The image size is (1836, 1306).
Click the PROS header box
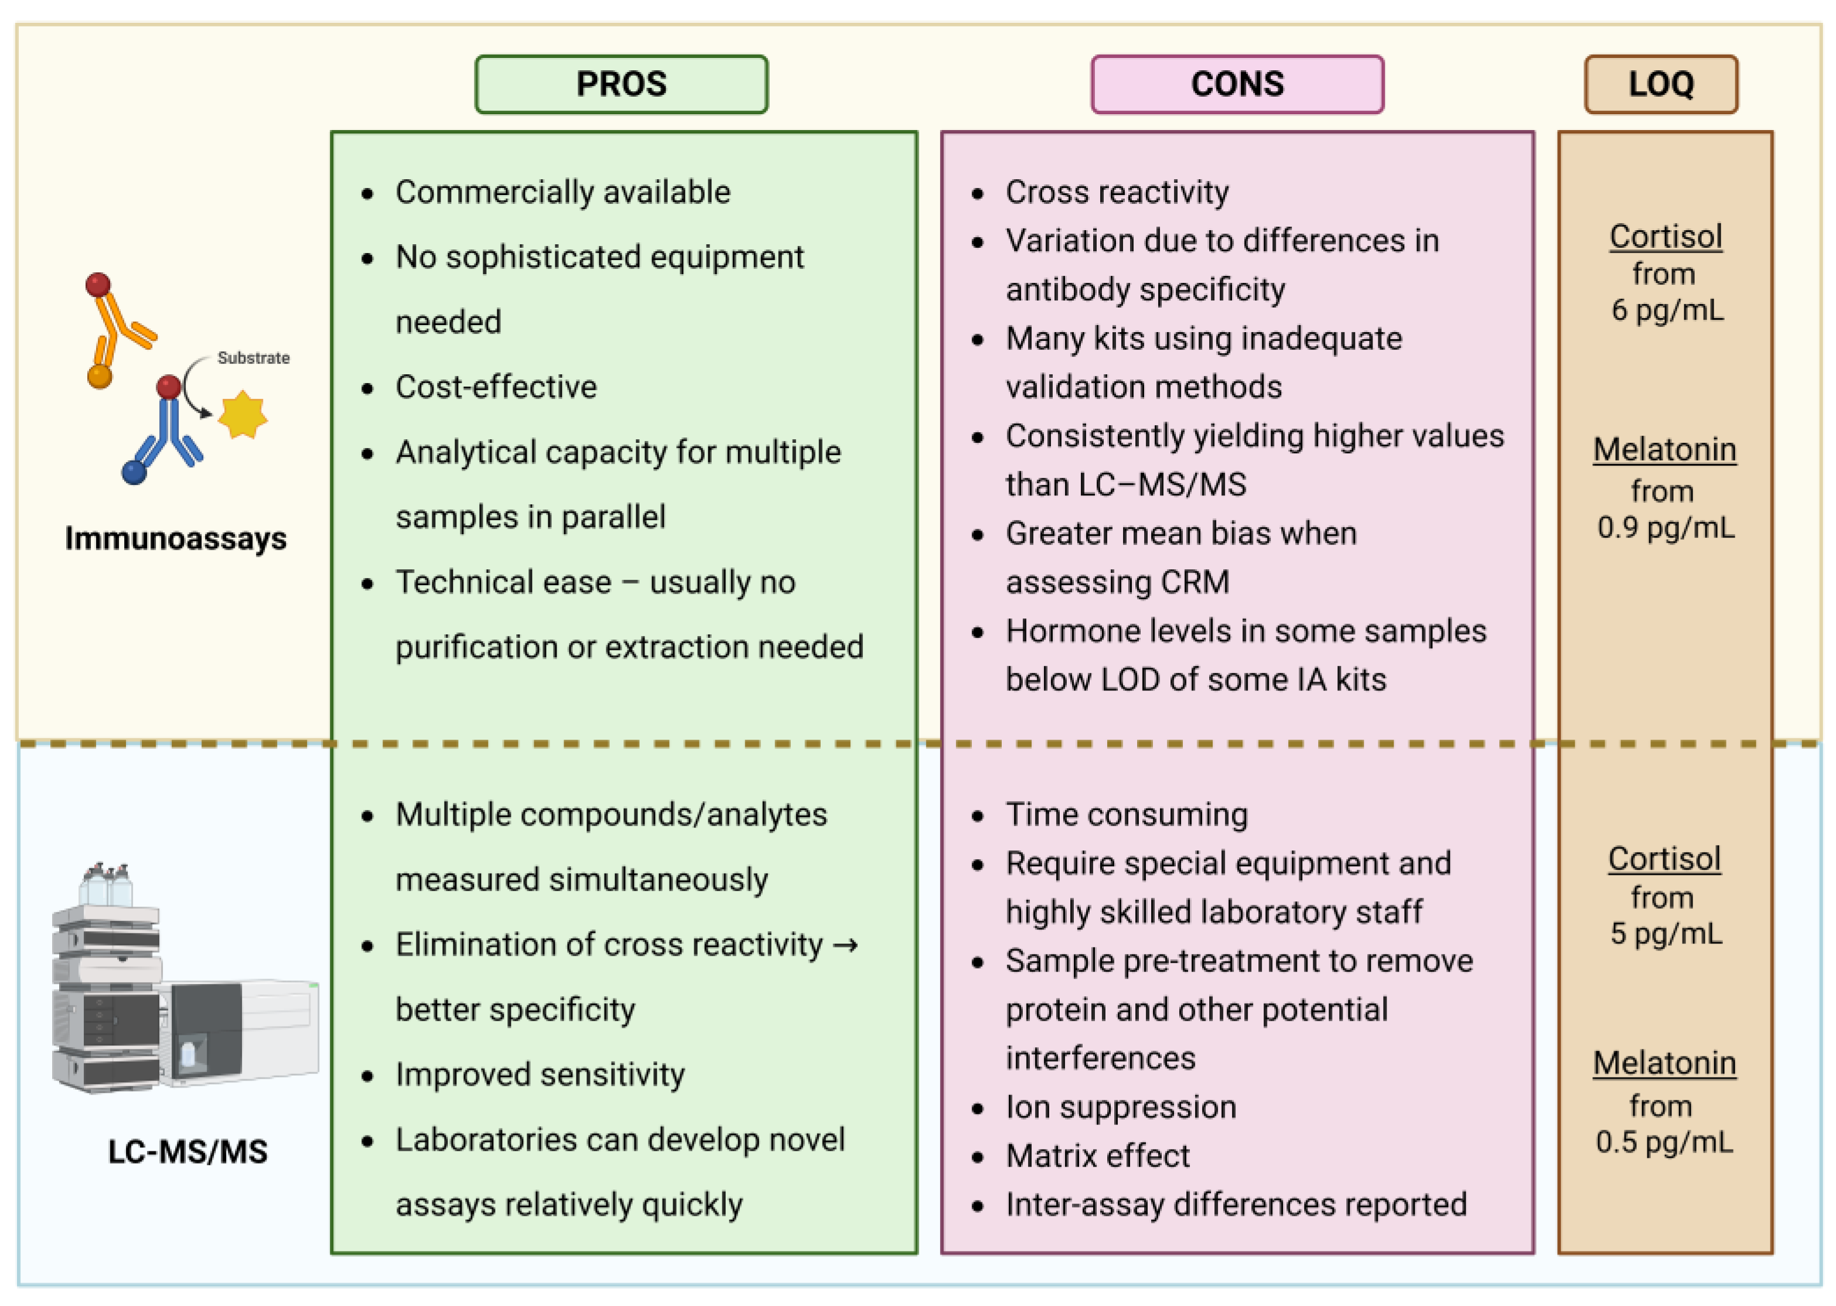point(621,84)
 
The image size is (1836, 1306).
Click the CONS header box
point(1237,84)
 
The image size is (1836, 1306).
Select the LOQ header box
point(1661,84)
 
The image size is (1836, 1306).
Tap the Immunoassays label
point(175,538)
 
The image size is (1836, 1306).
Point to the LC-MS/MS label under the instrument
point(187,1151)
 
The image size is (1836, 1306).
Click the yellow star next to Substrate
point(242,415)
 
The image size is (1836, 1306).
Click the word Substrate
point(253,358)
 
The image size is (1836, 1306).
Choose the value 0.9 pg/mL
point(1666,528)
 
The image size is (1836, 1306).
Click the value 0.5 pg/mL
point(1664,1142)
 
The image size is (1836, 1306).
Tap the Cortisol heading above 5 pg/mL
point(1664,859)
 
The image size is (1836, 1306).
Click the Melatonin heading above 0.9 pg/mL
point(1665,450)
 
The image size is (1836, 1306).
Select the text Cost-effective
point(496,387)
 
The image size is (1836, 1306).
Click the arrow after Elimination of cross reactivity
point(845,944)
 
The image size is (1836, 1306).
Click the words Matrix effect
point(1097,1155)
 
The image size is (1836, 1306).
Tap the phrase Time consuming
point(1127,814)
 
